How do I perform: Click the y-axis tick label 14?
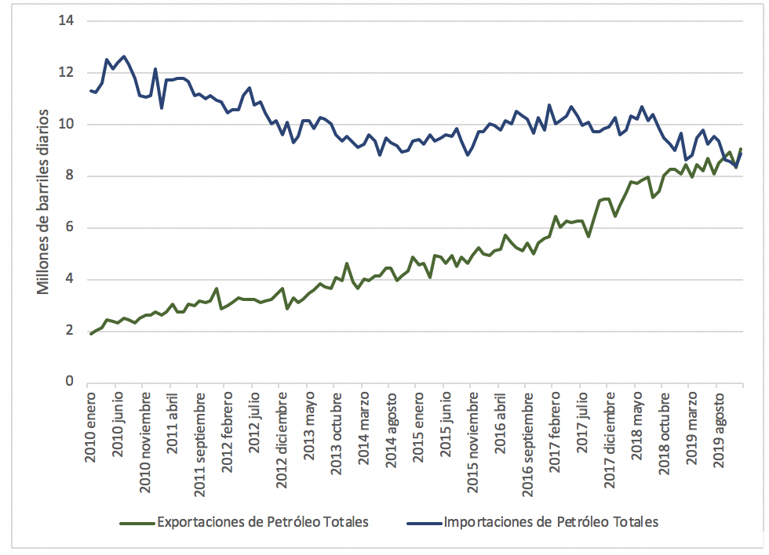coord(66,20)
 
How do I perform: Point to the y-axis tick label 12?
coord(66,72)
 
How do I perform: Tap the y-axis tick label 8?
coord(69,176)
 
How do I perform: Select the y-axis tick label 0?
coord(69,382)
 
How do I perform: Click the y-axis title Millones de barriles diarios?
coord(44,201)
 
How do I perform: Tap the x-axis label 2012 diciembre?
coord(282,440)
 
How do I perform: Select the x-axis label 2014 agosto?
coord(390,432)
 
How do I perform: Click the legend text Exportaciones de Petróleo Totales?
coord(263,521)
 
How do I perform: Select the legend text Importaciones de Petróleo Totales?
coord(550,521)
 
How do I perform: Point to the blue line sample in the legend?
coord(424,522)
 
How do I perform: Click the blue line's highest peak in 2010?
coord(125,56)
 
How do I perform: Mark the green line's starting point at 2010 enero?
coord(91,334)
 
